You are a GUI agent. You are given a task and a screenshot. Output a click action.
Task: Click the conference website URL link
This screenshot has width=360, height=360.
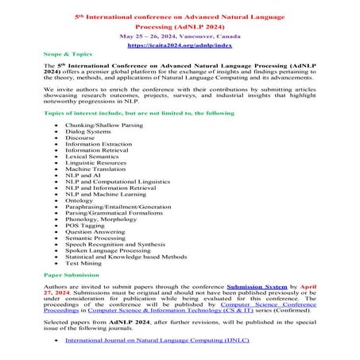click(x=180, y=47)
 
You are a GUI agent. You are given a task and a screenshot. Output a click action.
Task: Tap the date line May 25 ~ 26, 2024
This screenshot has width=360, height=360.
click(x=180, y=37)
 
